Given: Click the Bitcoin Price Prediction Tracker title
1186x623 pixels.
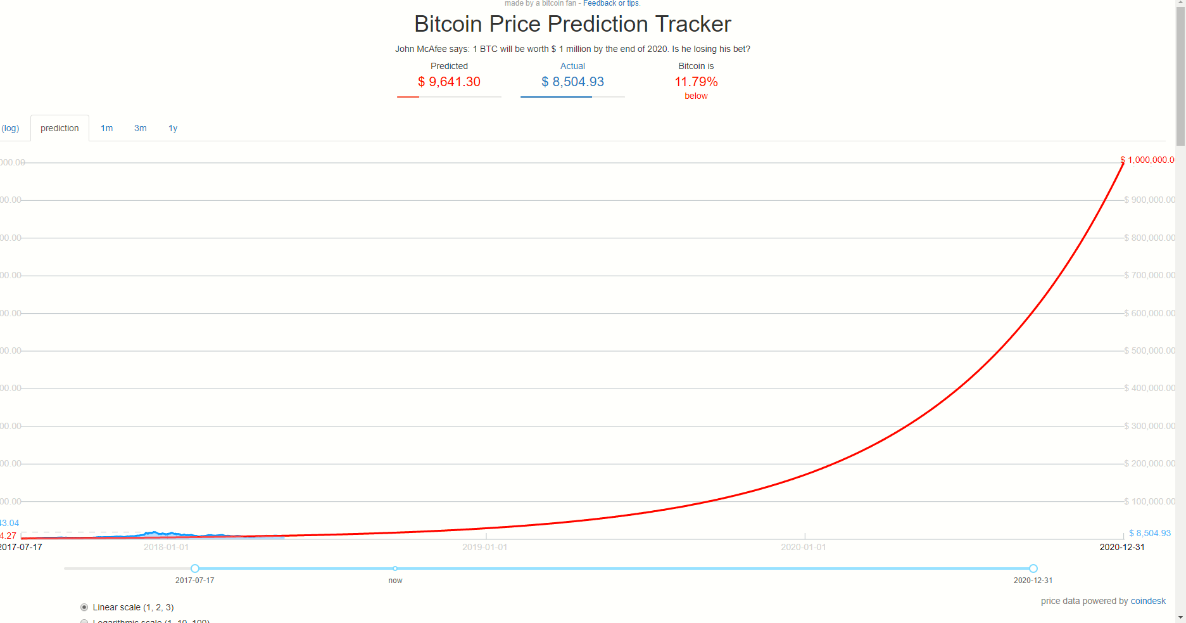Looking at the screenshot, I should click(x=572, y=24).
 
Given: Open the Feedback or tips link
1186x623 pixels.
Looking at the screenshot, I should click(x=611, y=4).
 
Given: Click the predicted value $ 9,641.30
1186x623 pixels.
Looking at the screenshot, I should click(x=449, y=82).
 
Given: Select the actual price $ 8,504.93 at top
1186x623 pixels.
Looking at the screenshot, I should click(x=572, y=82).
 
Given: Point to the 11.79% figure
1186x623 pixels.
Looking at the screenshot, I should click(x=696, y=82).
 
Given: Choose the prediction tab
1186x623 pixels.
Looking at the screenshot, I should click(x=60, y=128).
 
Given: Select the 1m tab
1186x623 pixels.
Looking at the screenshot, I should click(x=107, y=128).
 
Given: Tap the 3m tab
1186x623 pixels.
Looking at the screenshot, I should click(x=141, y=128).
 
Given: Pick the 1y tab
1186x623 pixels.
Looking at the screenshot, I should click(x=173, y=128).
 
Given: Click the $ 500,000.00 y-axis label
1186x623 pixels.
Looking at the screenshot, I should click(x=1149, y=350).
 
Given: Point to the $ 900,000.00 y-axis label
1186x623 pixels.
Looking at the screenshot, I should click(x=1149, y=200).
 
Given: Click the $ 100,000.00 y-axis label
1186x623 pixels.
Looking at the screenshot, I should click(x=1149, y=501).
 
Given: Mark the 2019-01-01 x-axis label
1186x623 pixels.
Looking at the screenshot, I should click(x=485, y=547).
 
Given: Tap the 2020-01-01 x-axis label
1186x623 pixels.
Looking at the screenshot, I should click(x=804, y=547).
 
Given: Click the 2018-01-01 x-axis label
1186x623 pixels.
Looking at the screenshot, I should click(x=166, y=547).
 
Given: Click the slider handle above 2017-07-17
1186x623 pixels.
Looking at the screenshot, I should click(x=195, y=568).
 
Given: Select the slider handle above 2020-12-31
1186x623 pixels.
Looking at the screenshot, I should click(x=1033, y=568).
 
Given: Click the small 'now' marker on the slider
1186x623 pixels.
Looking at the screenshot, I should click(x=395, y=568).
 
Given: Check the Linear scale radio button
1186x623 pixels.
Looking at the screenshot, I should click(x=84, y=607).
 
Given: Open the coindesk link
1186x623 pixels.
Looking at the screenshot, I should click(x=1148, y=601).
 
